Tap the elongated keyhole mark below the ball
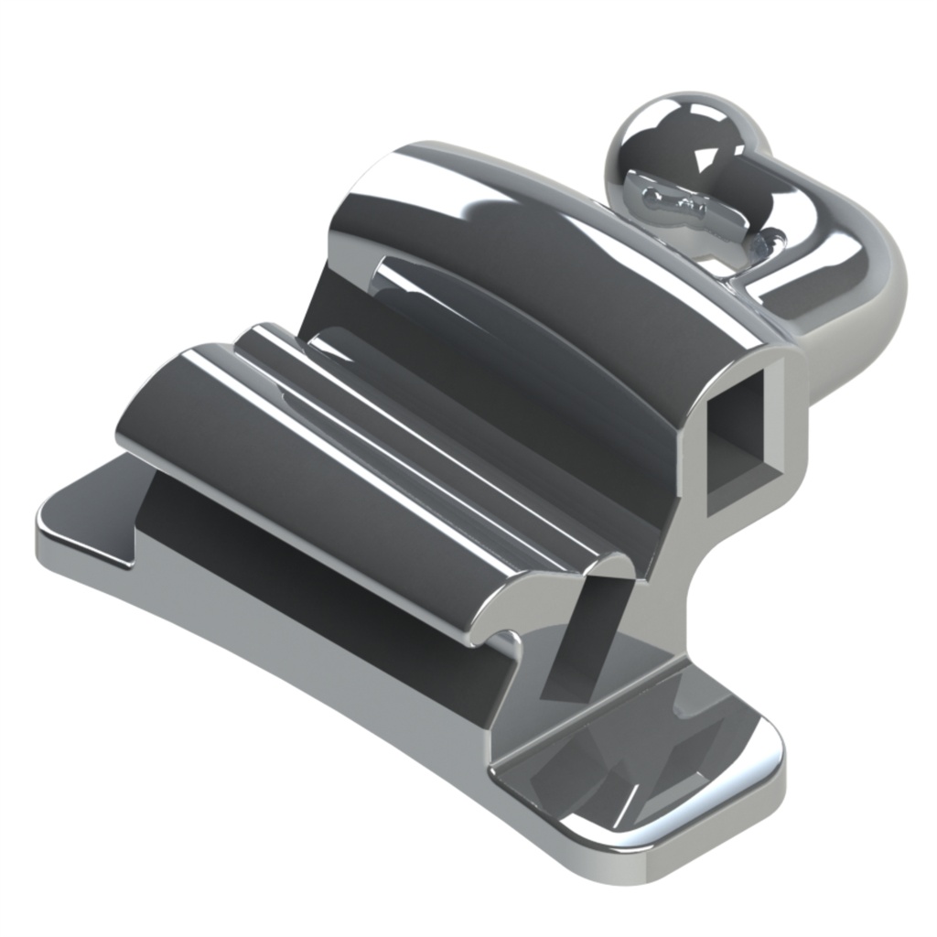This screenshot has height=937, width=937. [x=673, y=203]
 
